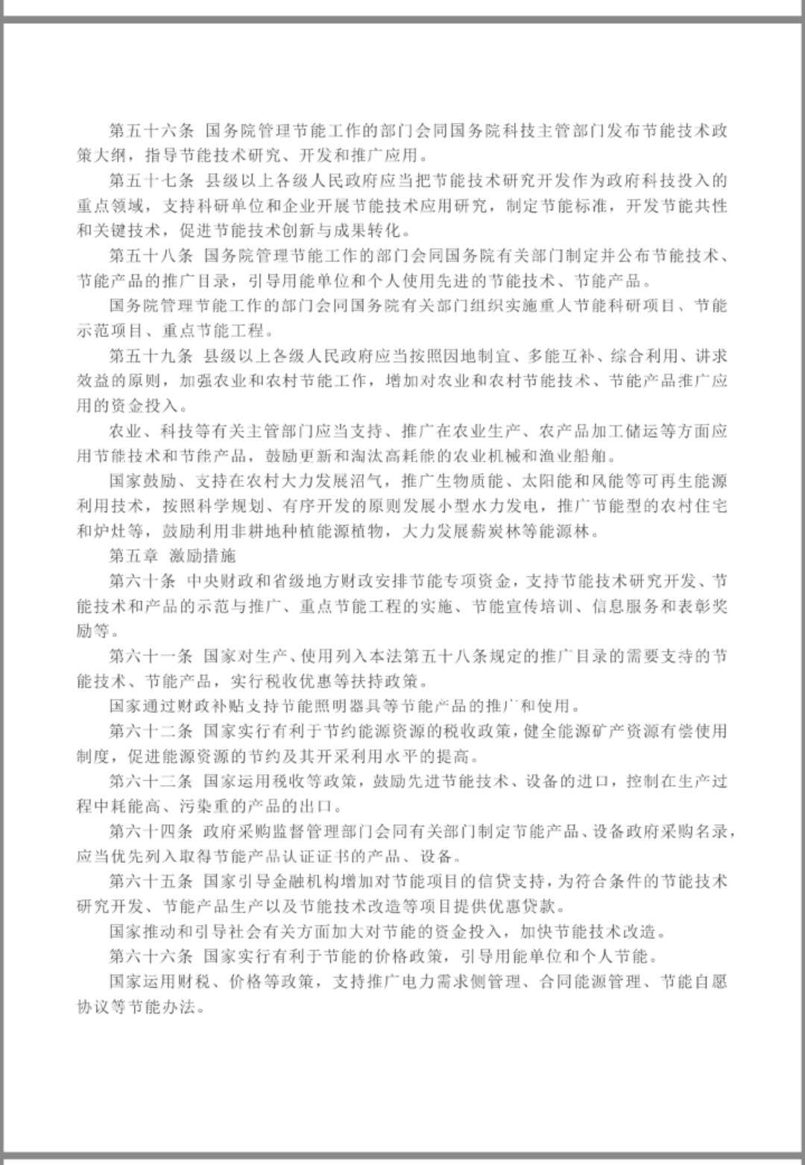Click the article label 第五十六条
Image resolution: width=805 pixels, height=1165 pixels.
(151, 131)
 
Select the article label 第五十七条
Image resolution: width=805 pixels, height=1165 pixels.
(151, 180)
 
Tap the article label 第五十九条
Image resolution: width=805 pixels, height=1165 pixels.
(151, 356)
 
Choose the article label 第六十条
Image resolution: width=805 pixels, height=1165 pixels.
(142, 581)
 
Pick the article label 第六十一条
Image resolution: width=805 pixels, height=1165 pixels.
(151, 656)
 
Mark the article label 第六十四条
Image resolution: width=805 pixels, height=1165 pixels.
(151, 831)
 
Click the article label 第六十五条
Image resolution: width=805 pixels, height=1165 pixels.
(151, 881)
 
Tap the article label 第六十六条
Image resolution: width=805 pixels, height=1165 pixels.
(151, 956)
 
